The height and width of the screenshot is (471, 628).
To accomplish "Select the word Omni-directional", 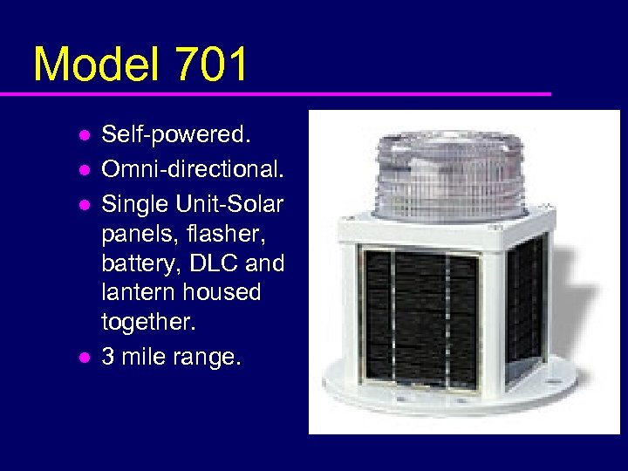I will point(192,166).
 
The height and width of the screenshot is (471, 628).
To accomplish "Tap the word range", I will point(210,356).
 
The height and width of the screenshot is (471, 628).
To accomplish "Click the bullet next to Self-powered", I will point(84,136).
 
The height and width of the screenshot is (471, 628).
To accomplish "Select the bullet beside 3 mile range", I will point(84,357).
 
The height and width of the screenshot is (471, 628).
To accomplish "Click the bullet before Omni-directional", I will point(84,167).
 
